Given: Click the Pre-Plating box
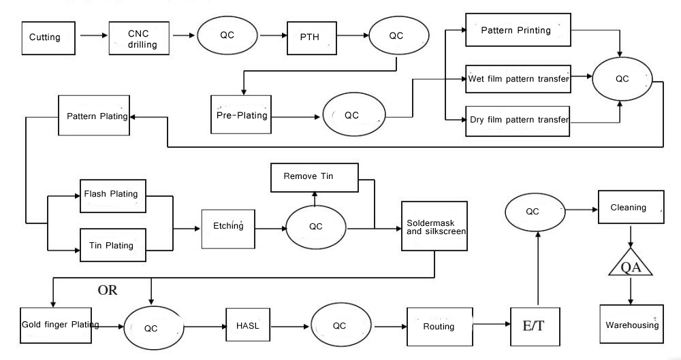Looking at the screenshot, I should (x=240, y=114).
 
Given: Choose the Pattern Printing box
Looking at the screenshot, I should (x=518, y=31).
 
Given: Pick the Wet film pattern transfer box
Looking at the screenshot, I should (x=518, y=80).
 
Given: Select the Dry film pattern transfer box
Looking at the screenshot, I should (x=518, y=120).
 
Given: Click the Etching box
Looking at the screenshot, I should (x=227, y=226).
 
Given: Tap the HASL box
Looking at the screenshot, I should (x=244, y=325).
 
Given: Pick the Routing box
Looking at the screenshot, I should (x=439, y=326).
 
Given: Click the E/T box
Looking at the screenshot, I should (x=533, y=326).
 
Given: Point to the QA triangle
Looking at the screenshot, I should (x=630, y=263).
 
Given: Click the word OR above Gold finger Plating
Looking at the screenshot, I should (x=107, y=291).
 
